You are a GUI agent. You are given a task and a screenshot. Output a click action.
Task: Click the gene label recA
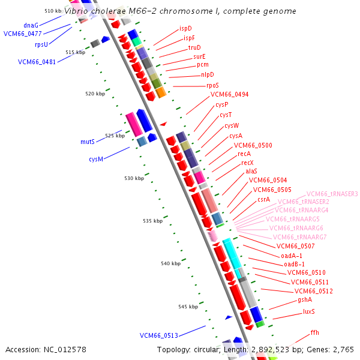coord(244,154)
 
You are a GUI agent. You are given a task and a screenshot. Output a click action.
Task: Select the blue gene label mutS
coord(88,142)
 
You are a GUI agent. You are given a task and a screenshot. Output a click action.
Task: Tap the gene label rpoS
coord(212,85)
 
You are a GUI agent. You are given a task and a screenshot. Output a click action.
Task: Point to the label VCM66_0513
coord(158,335)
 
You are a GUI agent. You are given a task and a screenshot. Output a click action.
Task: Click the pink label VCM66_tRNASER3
coord(332,194)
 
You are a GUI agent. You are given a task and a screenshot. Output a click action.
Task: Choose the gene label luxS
coord(308,311)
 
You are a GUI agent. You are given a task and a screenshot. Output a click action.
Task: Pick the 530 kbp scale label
coord(134,178)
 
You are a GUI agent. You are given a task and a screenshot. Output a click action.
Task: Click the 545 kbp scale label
coord(188,307)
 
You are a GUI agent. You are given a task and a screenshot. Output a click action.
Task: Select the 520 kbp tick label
coord(95,94)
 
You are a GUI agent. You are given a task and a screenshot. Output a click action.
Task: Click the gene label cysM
coord(96,159)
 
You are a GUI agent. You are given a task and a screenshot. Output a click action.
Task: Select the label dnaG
coord(31,25)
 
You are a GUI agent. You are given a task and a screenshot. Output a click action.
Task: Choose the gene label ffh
coord(314,332)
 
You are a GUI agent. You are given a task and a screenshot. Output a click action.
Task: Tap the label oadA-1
coord(292,255)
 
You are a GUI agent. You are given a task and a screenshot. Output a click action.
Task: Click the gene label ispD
coord(185,28)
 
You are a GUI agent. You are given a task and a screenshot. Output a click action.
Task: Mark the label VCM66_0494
coord(229,94)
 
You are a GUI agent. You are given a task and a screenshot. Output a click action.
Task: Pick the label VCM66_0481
coord(37,62)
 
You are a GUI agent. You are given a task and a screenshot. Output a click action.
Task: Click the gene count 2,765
coord(342,349)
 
